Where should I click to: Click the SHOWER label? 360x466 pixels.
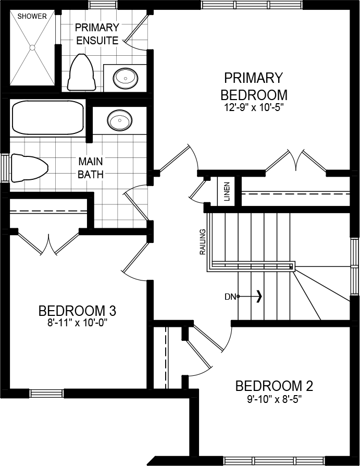[x=32, y=16]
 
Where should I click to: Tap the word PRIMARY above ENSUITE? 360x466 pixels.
[x=97, y=28]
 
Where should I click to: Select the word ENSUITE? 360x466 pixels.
[x=97, y=41]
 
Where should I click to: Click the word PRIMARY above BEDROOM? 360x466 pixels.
[x=253, y=78]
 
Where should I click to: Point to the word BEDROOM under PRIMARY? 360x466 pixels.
[x=254, y=95]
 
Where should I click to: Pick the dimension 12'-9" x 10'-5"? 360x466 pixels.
[x=254, y=107]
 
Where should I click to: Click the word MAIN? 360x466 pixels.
[x=91, y=162]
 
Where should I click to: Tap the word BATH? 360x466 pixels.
[x=91, y=175]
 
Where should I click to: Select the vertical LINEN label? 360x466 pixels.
[x=227, y=191]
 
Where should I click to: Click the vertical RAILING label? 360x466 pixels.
[x=203, y=242]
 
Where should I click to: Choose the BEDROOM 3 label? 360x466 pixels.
[x=77, y=311]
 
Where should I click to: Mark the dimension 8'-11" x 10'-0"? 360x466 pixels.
[x=77, y=323]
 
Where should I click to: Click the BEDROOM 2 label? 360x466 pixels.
[x=274, y=386]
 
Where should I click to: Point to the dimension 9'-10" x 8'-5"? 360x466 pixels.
[x=274, y=399]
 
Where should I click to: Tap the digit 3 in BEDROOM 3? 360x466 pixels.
[x=113, y=311]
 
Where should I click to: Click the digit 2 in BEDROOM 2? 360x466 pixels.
[x=309, y=386]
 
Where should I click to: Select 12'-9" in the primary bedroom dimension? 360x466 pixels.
[x=235, y=107]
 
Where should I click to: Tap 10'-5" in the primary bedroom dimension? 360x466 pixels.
[x=271, y=107]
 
